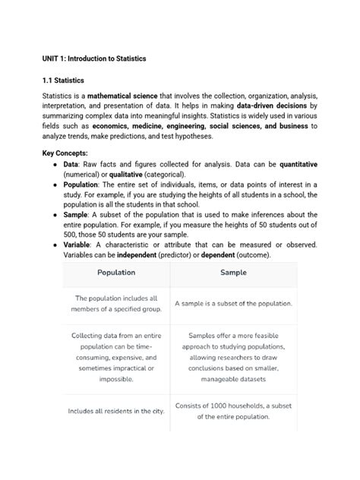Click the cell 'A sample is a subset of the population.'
click(x=233, y=304)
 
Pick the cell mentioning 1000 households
click(x=233, y=411)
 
